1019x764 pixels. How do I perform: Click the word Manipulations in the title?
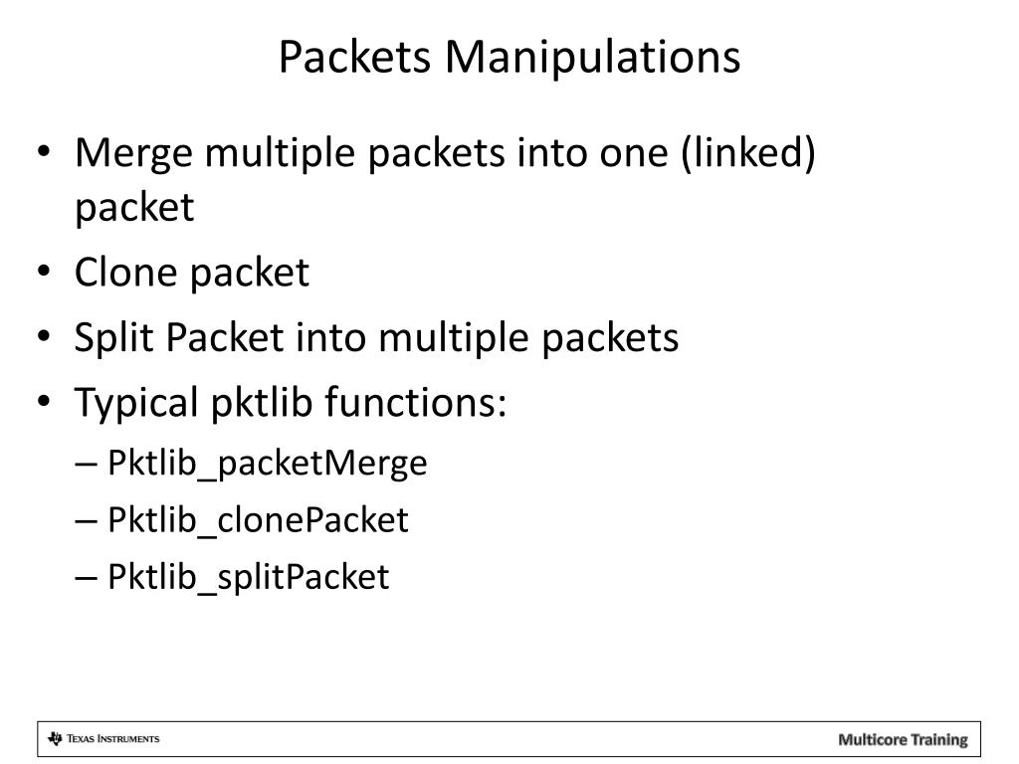tap(592, 58)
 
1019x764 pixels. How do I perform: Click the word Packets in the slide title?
tap(355, 58)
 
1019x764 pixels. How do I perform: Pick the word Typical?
tap(137, 404)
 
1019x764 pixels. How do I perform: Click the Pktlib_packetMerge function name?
tap(268, 463)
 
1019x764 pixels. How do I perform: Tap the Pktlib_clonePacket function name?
tap(259, 519)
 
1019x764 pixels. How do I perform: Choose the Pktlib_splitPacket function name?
tap(249, 577)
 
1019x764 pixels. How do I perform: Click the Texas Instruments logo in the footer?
tap(103, 738)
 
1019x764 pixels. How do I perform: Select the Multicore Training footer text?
tap(903, 739)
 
